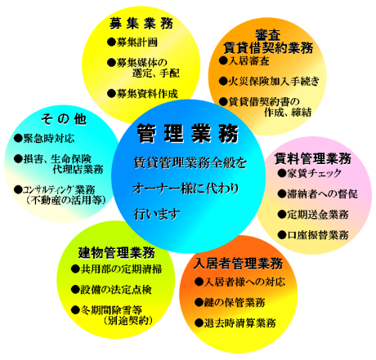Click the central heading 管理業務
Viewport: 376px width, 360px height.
[188, 133]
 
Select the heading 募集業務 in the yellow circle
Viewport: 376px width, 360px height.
[141, 23]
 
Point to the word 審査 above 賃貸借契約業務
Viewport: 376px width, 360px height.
[268, 34]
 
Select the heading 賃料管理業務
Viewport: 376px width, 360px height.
[313, 158]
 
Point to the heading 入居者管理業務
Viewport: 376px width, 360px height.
[238, 263]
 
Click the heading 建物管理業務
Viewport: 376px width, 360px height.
[117, 252]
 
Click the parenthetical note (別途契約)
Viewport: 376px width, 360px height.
[128, 320]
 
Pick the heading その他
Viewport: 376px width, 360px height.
[64, 119]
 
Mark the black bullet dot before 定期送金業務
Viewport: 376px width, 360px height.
[282, 215]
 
